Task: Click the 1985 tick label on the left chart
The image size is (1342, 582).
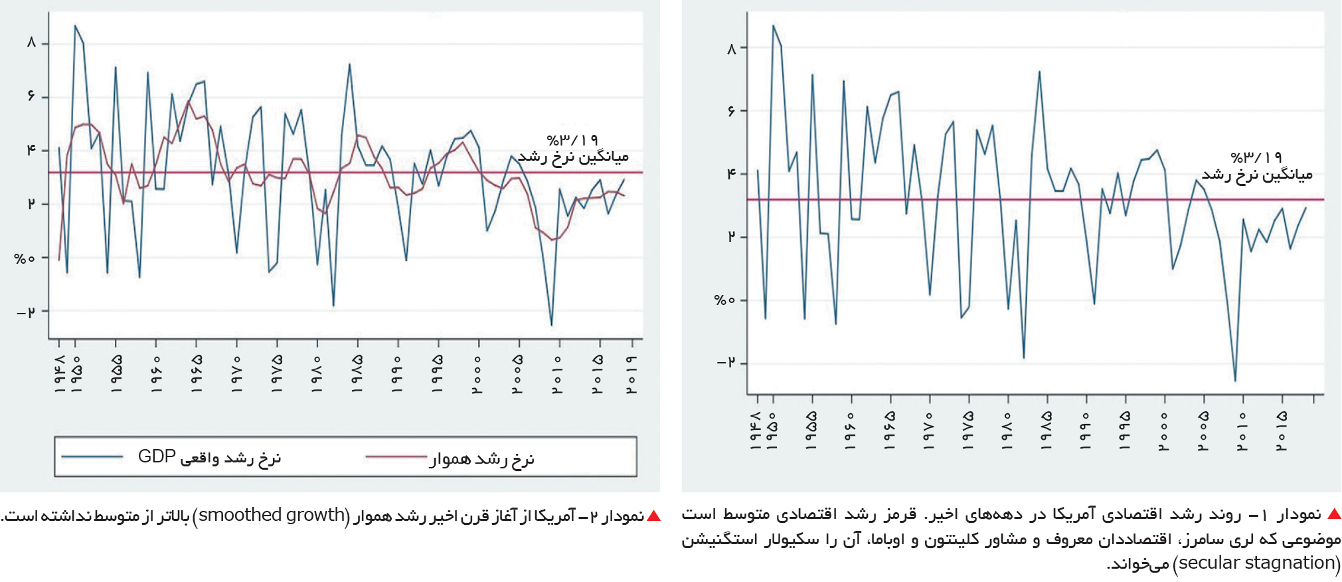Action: click(x=357, y=373)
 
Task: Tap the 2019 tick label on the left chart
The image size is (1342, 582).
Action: click(x=632, y=373)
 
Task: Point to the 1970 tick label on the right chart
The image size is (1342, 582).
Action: click(x=928, y=431)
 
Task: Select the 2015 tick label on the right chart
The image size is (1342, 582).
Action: click(x=1282, y=431)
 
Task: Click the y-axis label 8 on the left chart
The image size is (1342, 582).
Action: click(x=31, y=43)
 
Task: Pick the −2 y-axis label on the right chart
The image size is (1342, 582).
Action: click(x=726, y=363)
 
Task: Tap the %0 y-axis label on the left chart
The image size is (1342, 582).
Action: click(x=25, y=258)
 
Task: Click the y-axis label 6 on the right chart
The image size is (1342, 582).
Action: click(x=732, y=111)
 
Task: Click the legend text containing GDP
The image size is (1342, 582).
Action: click(x=210, y=458)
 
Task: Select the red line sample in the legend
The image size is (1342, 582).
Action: click(x=396, y=457)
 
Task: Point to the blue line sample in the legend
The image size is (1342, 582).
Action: click(x=92, y=457)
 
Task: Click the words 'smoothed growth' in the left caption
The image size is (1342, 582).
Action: click(x=272, y=515)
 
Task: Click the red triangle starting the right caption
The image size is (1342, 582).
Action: click(x=1334, y=514)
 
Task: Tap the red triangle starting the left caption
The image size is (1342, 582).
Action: click(x=654, y=516)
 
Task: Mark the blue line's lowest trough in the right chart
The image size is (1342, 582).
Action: click(x=1235, y=381)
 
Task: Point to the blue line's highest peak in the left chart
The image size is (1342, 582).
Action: click(x=75, y=26)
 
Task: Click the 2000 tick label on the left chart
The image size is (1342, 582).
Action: click(x=478, y=373)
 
